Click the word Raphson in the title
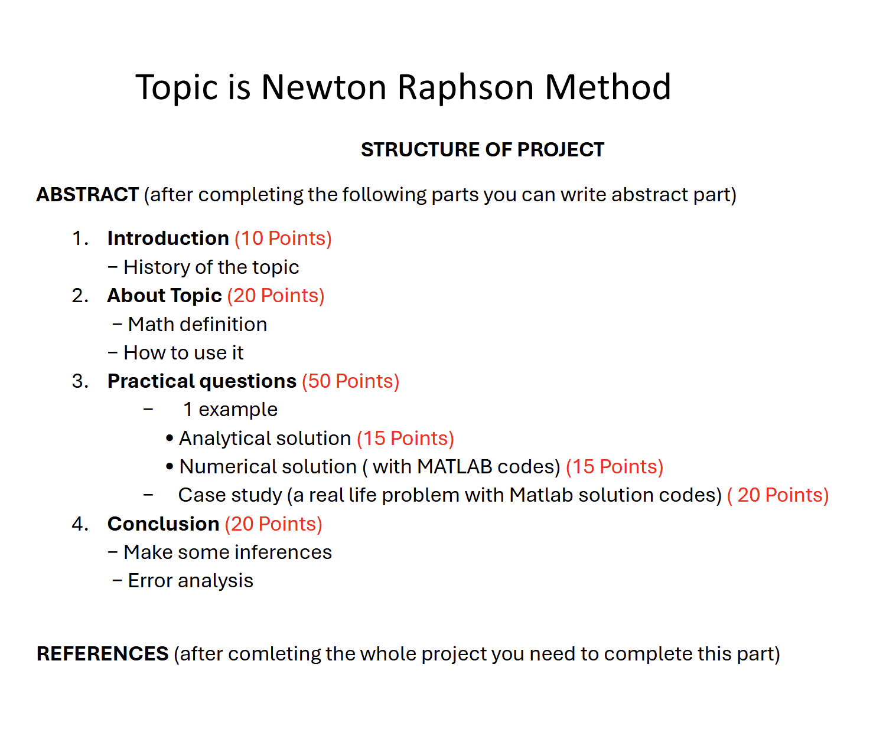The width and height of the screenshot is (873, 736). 465,88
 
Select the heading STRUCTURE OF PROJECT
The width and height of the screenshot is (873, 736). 482,150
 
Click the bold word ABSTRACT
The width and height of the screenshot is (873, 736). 87,195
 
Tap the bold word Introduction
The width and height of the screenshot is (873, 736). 168,238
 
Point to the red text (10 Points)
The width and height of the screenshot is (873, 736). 283,238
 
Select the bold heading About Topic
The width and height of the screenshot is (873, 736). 164,296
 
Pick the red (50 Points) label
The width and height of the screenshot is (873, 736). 350,381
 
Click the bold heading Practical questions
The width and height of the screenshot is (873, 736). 201,381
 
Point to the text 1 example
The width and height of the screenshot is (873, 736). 230,410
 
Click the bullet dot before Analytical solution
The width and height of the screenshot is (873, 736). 170,439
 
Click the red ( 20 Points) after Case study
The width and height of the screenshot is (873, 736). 778,495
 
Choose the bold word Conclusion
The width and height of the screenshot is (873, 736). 163,524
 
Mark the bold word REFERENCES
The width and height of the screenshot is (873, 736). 102,654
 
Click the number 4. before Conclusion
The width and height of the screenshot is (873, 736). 80,524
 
